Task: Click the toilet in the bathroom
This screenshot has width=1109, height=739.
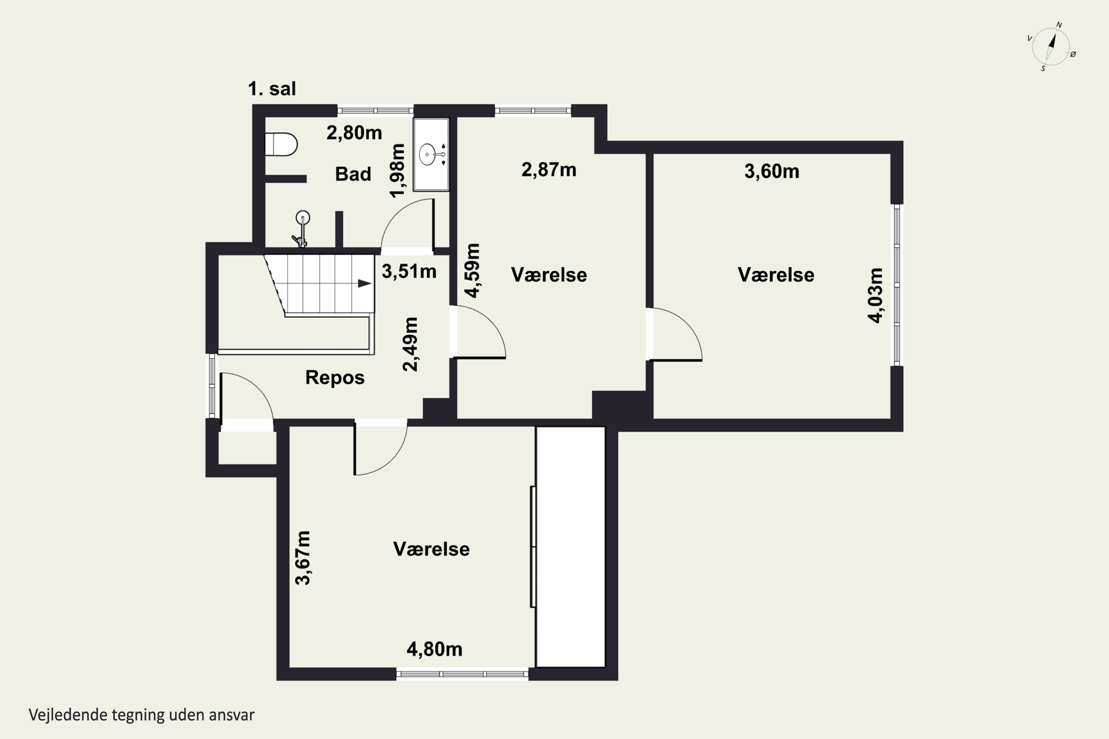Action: (x=281, y=144)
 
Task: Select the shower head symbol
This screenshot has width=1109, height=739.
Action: (x=302, y=229)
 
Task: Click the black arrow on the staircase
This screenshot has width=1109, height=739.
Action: (x=364, y=283)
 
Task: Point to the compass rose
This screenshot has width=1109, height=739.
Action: (x=1051, y=47)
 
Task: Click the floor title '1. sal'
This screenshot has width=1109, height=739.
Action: (x=272, y=89)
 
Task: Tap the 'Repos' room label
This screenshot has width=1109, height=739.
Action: (x=335, y=378)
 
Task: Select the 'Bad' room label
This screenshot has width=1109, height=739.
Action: (x=353, y=174)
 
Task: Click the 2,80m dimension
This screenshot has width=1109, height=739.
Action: (x=354, y=133)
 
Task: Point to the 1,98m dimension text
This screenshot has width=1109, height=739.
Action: (x=397, y=171)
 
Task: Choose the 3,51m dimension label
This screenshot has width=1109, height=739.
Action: (x=409, y=272)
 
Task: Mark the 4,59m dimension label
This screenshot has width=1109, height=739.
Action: (x=472, y=270)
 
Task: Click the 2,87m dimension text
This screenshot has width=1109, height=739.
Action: (x=549, y=170)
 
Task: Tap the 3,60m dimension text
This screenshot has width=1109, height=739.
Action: (x=772, y=171)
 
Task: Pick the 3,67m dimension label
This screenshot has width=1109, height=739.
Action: (x=303, y=558)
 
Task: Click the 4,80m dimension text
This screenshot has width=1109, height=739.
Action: (x=434, y=650)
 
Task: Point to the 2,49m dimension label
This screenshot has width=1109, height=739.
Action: (x=410, y=344)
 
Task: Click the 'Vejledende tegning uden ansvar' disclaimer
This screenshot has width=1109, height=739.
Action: (x=142, y=715)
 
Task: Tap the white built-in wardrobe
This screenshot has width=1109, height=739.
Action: (x=570, y=547)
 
